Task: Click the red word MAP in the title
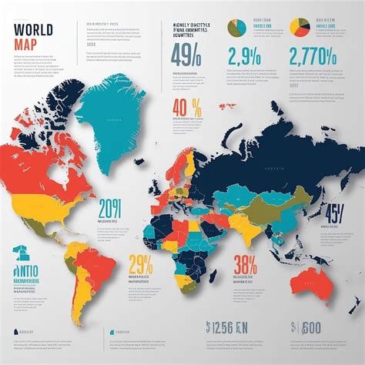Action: tap(26, 45)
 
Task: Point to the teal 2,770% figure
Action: tap(313, 58)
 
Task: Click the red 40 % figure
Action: tap(188, 107)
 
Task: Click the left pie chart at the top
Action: tap(235, 28)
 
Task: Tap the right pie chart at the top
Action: tap(300, 28)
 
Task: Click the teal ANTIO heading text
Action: tap(28, 261)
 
